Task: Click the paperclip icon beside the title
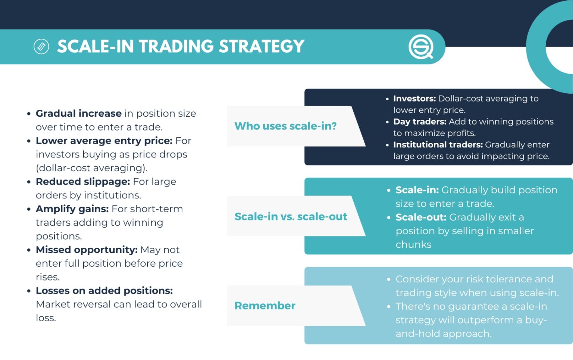point(41,47)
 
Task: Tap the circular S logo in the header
point(420,47)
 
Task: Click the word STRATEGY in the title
point(262,47)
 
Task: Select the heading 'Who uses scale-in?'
point(285,126)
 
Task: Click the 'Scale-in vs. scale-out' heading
point(291,216)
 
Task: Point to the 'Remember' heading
point(265,306)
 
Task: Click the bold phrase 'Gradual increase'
point(79,113)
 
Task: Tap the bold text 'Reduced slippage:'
point(83,181)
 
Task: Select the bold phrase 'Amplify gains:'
point(72,209)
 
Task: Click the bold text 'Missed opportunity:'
point(87,250)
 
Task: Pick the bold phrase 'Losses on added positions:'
point(104,290)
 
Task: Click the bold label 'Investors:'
point(414,98)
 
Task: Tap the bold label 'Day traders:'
point(420,122)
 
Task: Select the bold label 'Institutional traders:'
point(438,145)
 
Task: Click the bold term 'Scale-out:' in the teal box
point(421,217)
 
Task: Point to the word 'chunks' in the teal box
point(413,244)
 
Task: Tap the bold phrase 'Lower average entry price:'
point(104,141)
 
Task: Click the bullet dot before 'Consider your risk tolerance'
point(389,279)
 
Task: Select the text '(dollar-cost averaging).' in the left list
point(92,168)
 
